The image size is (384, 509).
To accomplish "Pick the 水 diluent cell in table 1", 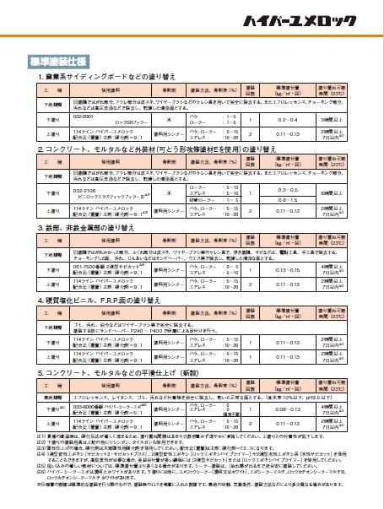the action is [x=169, y=121].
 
